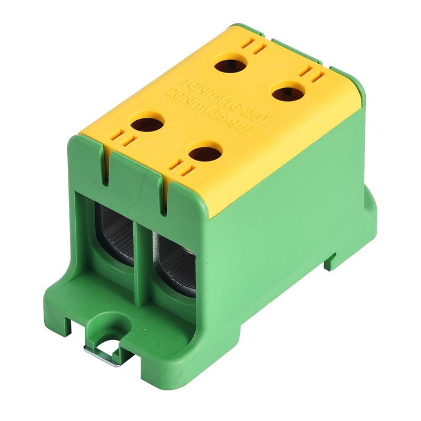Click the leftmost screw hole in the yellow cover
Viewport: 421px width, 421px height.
coord(147,125)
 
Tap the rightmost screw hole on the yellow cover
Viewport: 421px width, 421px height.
coord(288,94)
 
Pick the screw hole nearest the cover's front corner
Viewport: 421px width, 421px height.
coord(205,154)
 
